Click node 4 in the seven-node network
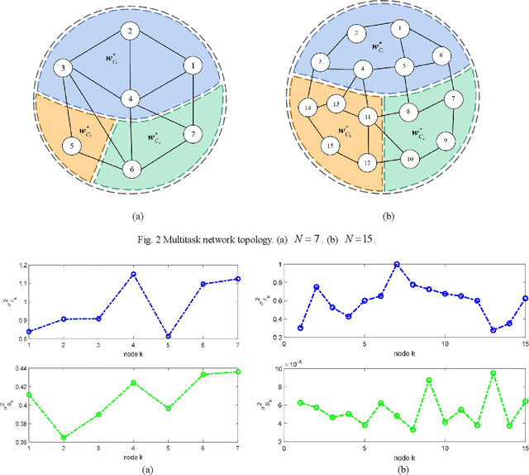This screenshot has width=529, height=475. tap(130, 99)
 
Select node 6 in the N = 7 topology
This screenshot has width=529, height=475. tap(130, 169)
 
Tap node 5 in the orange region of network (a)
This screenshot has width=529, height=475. tap(73, 147)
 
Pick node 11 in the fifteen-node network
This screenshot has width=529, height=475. tap(369, 117)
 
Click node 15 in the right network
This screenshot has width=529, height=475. tap(331, 146)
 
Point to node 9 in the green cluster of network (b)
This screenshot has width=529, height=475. tap(446, 141)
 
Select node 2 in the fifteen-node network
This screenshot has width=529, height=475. tap(355, 33)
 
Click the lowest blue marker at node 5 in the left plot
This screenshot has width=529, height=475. tap(168, 337)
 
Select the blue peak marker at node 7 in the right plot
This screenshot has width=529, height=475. tap(397, 265)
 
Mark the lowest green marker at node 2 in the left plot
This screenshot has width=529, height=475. tap(64, 438)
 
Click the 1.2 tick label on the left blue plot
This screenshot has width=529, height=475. tap(20, 266)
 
